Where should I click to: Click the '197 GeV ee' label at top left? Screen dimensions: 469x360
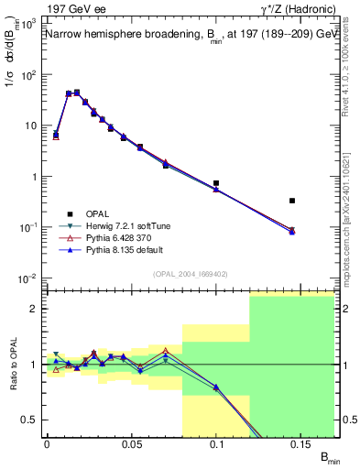tap(75, 9)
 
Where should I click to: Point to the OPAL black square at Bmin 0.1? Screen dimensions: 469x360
tap(216, 183)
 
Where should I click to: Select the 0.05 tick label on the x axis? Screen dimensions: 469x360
tap(131, 443)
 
